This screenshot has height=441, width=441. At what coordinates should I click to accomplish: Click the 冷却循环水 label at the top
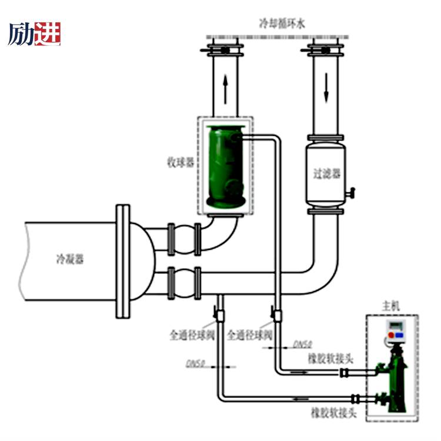coord(282,24)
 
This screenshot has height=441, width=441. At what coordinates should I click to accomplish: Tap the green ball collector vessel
coord(223,167)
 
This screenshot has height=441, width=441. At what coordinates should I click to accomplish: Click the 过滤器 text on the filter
coord(326,173)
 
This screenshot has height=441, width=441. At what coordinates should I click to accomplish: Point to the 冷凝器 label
coord(69,259)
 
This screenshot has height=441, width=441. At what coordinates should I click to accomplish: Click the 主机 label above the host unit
coord(391,306)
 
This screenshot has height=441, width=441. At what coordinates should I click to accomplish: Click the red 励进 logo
coord(35,34)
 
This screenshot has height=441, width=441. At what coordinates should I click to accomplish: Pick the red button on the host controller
coord(390,336)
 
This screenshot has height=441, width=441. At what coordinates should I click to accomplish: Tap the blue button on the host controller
coord(399,336)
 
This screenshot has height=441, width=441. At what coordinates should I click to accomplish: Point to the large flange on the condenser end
coord(122,260)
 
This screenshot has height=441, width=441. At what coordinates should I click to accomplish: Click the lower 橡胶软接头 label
coord(333,413)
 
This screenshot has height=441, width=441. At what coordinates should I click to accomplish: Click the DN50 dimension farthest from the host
coord(195,363)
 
